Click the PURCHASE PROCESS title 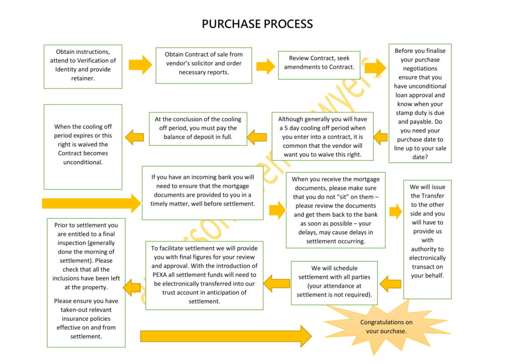(x=257, y=24)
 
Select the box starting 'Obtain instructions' (x=82, y=66)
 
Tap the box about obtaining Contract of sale (x=203, y=64)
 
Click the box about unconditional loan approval (x=419, y=104)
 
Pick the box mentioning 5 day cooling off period (x=322, y=137)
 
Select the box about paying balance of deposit (x=198, y=128)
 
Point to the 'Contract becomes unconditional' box (x=82, y=146)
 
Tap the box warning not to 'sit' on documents (x=335, y=210)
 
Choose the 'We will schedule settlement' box (x=334, y=282)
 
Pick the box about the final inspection (x=85, y=282)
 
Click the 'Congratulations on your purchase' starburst (x=386, y=326)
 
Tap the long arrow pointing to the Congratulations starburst (x=226, y=336)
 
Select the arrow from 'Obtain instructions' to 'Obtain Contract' (x=140, y=65)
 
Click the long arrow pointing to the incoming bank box (x=91, y=203)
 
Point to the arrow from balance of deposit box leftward (x=134, y=136)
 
